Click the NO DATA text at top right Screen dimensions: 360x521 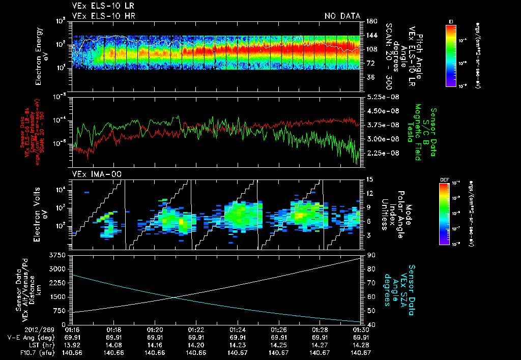pyautogui.click(x=342, y=16)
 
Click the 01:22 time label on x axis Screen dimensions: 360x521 pyautogui.click(x=196, y=329)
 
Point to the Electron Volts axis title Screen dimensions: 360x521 pyautogui.click(x=41, y=214)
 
